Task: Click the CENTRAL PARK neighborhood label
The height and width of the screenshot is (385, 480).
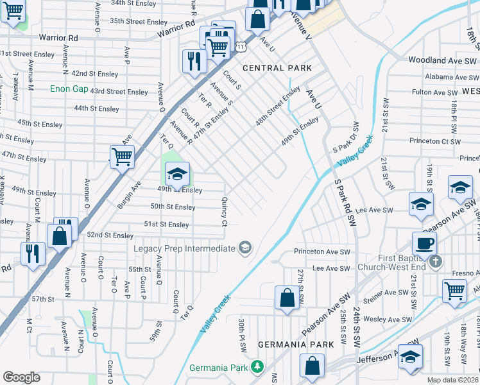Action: [x=277, y=68]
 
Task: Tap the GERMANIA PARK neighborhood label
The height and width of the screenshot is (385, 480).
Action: [x=296, y=345]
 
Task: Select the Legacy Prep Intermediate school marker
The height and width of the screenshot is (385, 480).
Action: [x=244, y=248]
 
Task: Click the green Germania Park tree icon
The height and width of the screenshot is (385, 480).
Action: [x=257, y=367]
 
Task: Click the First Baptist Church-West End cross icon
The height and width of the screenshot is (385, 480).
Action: [x=436, y=261]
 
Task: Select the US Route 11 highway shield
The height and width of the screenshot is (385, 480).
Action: [x=240, y=47]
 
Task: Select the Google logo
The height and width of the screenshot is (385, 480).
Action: [x=21, y=377]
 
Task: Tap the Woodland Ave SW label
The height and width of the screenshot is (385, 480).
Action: [x=441, y=60]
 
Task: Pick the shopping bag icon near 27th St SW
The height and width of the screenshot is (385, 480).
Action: [x=287, y=298]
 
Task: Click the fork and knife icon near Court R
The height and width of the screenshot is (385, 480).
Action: [x=193, y=62]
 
